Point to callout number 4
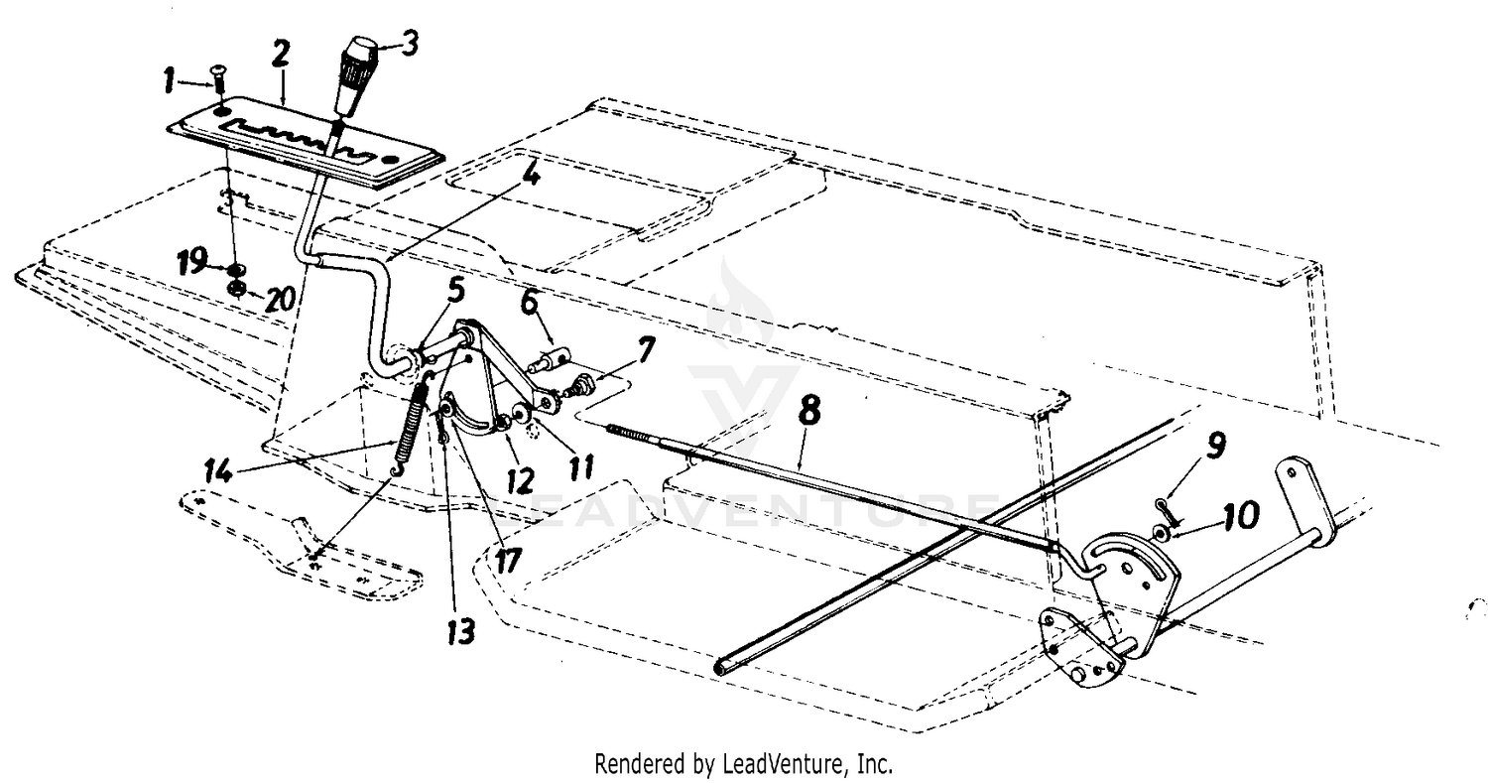pos(532,177)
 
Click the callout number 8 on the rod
pos(808,412)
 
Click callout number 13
pos(461,630)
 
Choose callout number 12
pos(519,481)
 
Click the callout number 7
pos(646,349)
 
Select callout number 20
pos(279,299)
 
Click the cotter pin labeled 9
pos(1172,508)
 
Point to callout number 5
pos(455,291)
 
